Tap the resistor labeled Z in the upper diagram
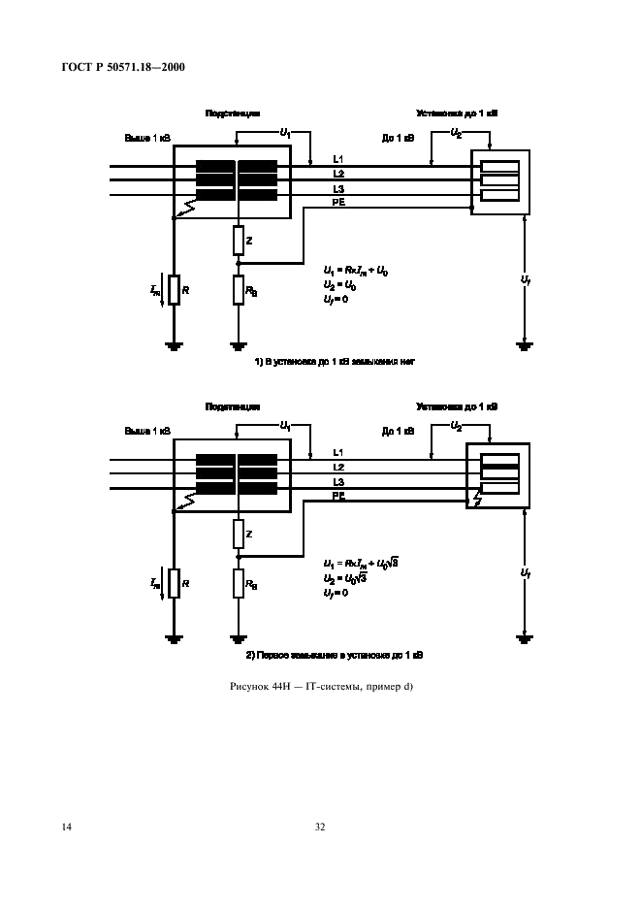(x=239, y=240)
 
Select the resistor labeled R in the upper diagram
(x=174, y=289)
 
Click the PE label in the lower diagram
(x=339, y=496)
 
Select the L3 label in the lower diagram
(x=338, y=481)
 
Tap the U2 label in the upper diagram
(x=457, y=132)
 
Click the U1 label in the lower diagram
(x=285, y=425)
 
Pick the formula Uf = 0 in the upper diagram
(x=336, y=299)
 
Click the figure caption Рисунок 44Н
(x=320, y=688)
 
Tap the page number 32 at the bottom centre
(x=320, y=827)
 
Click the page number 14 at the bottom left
(x=67, y=827)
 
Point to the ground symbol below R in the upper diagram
(x=174, y=344)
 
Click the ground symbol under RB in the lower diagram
(x=239, y=637)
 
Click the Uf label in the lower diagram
(x=526, y=573)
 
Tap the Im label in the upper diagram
(x=155, y=288)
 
